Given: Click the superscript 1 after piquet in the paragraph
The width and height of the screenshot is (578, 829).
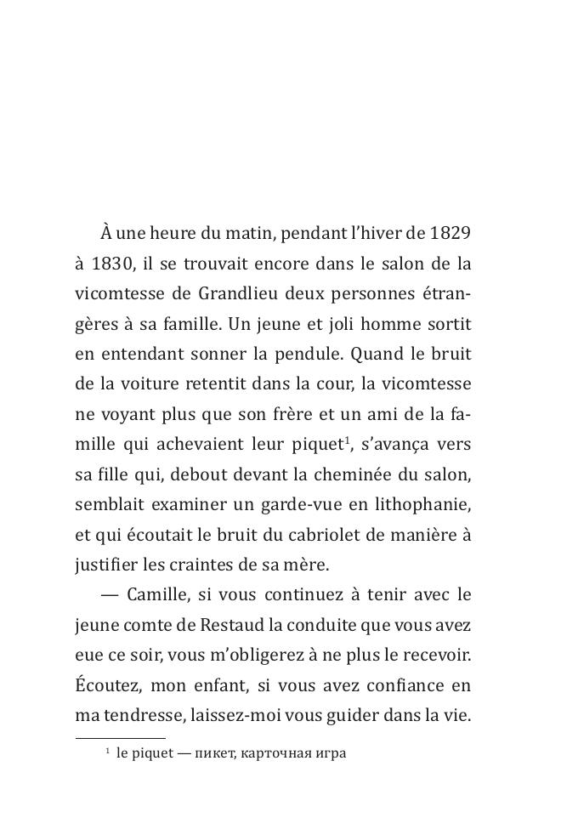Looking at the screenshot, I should [350, 440].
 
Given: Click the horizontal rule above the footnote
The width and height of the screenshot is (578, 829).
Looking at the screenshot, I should [120, 738].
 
